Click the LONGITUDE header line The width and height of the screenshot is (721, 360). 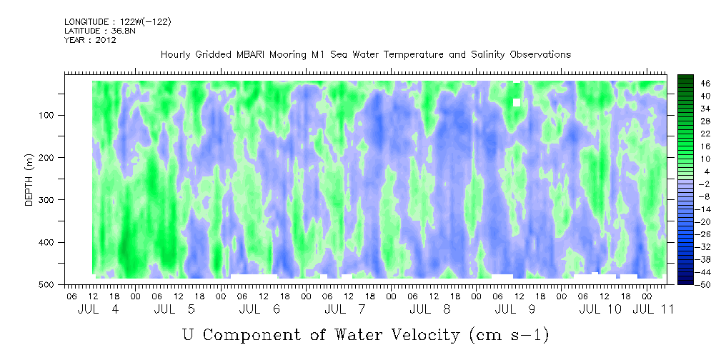[x=117, y=21]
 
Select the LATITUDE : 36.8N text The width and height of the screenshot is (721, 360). [x=99, y=30]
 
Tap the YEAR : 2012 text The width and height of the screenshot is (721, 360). [x=90, y=39]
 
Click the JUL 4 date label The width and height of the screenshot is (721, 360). [x=98, y=309]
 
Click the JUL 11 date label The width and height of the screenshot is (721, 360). [x=653, y=309]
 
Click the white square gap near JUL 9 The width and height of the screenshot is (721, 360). [x=517, y=102]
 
